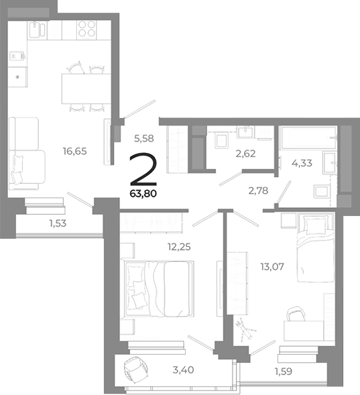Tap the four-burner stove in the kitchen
[86, 29]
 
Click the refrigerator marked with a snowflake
[18, 78]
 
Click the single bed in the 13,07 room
[316, 252]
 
